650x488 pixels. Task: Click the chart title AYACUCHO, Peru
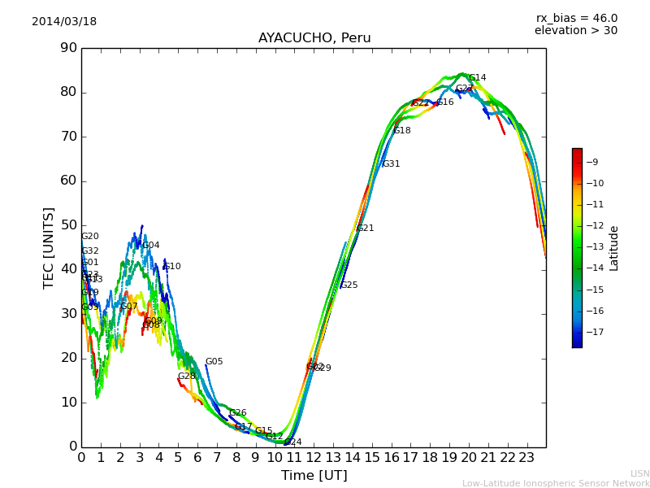click(x=314, y=38)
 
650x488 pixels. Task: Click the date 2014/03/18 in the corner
click(x=64, y=22)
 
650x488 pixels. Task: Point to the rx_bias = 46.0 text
click(x=576, y=18)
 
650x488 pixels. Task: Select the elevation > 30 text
click(x=575, y=31)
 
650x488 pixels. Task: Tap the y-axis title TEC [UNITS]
click(x=49, y=247)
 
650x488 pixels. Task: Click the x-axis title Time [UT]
click(x=314, y=476)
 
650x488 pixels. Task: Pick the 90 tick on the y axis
click(x=67, y=48)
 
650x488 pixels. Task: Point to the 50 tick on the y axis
click(x=67, y=225)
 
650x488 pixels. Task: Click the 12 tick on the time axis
click(x=314, y=458)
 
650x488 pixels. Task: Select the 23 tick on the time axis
click(x=526, y=458)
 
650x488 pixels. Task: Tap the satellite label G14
click(x=478, y=78)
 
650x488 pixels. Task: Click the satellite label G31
click(x=392, y=164)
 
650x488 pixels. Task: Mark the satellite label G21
click(x=366, y=229)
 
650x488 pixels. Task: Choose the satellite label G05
click(x=214, y=362)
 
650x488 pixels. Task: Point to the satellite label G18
click(x=402, y=131)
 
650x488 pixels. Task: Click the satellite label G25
click(x=349, y=285)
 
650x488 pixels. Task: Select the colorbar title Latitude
click(x=614, y=248)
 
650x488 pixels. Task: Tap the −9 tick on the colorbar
click(x=592, y=162)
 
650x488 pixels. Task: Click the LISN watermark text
click(x=640, y=473)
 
